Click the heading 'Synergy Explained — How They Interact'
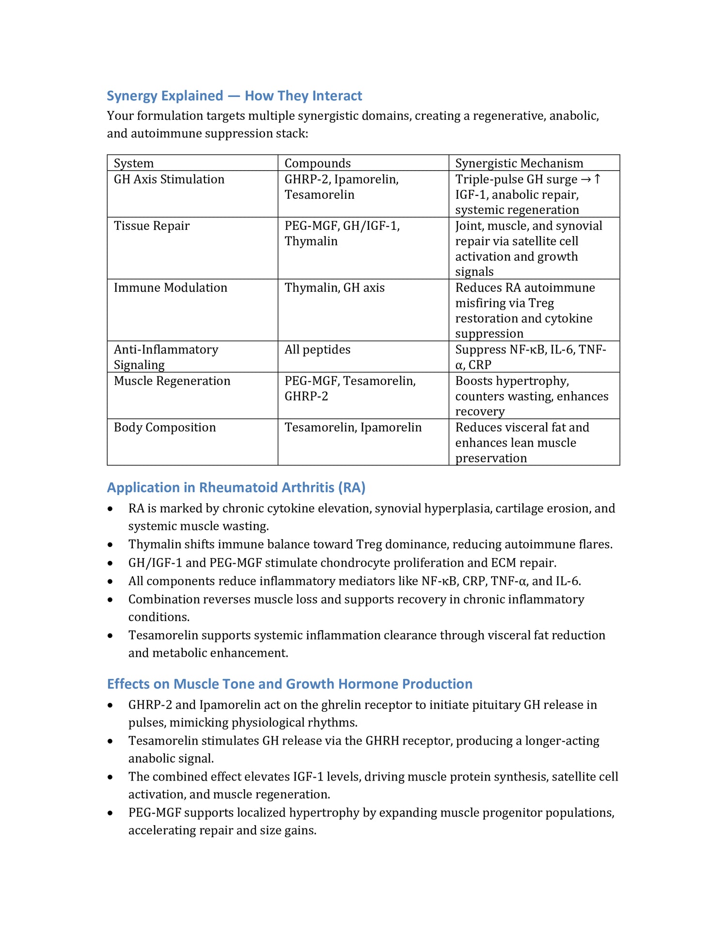tap(234, 96)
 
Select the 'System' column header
tap(134, 163)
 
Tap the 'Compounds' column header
tap(317, 163)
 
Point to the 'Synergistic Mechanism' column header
tap(519, 163)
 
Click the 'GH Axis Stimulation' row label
tap(169, 179)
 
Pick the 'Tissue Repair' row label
tap(152, 226)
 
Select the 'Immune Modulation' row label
tap(171, 287)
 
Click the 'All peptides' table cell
tap(317, 350)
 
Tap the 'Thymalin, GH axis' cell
tap(334, 287)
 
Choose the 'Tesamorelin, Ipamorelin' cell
tap(353, 427)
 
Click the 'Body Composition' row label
tap(165, 427)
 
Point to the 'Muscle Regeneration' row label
tap(172, 381)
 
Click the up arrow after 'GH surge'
tap(598, 179)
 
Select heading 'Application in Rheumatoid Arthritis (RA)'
tap(236, 487)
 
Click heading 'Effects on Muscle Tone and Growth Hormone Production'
tap(289, 684)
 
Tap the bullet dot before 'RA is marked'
tap(111, 509)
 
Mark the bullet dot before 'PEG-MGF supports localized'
tap(111, 813)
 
